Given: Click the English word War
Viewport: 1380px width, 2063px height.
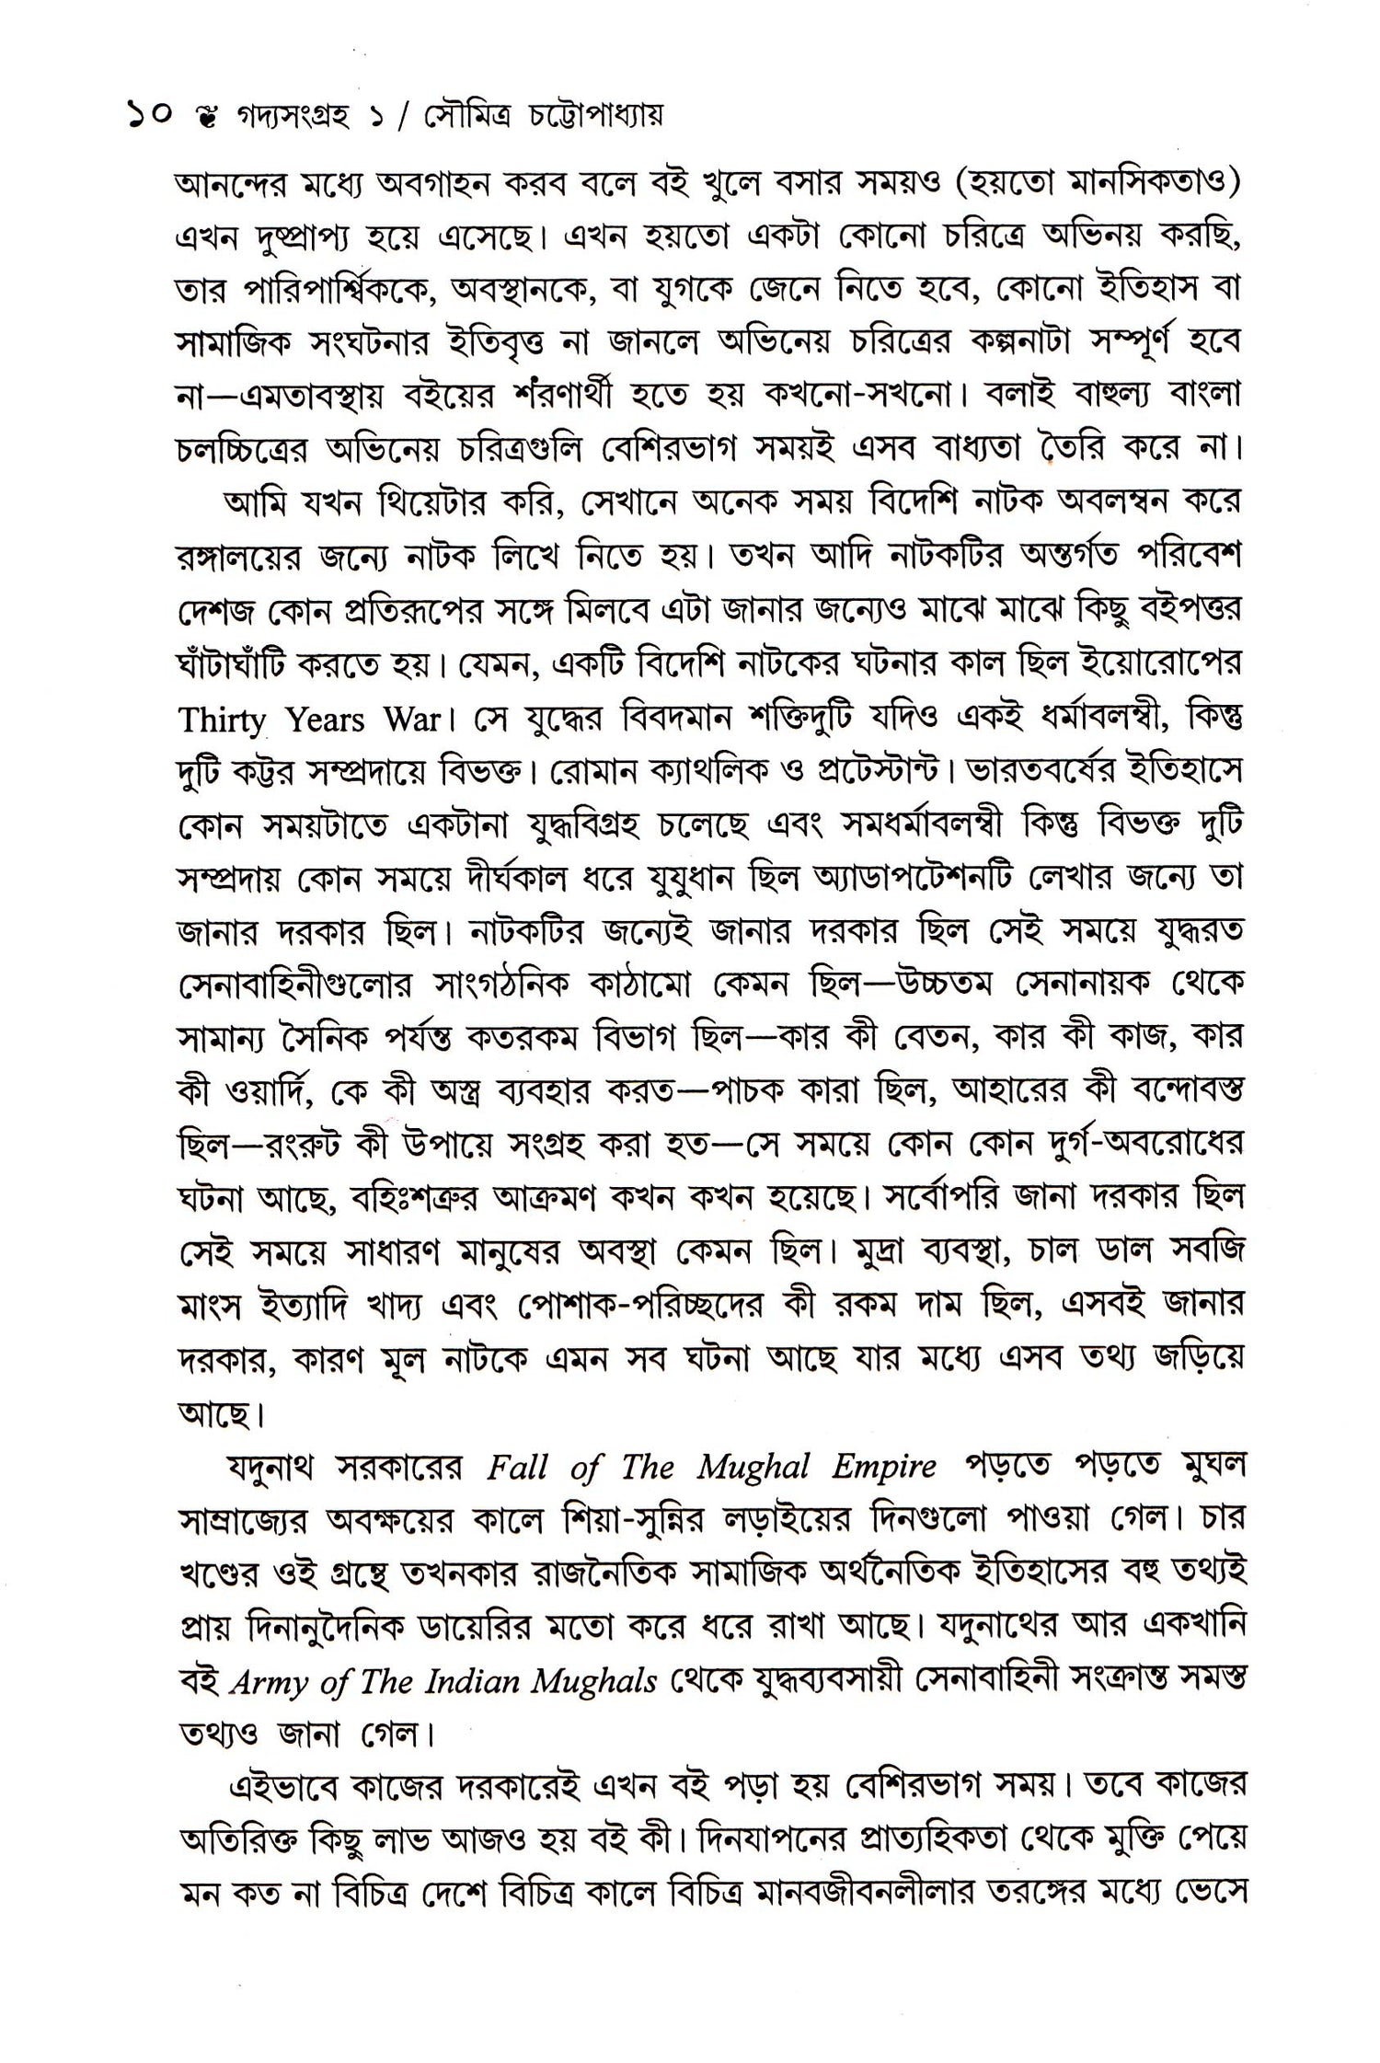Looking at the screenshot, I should [411, 720].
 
